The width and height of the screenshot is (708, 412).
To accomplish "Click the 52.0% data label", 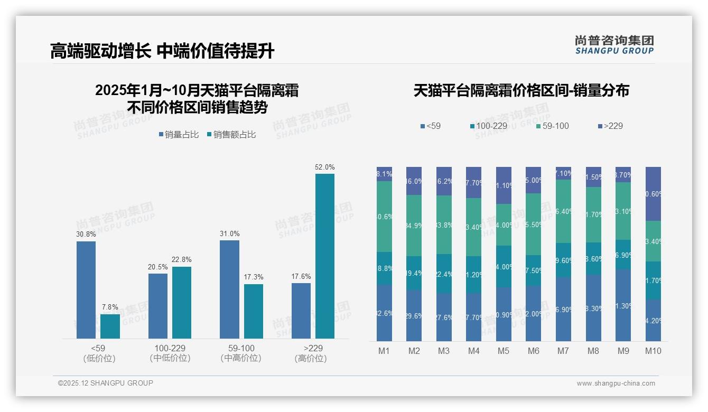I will pos(324,167).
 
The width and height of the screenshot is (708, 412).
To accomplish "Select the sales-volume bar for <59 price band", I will pos(86,289).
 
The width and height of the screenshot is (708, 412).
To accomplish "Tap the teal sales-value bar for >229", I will pos(325,256).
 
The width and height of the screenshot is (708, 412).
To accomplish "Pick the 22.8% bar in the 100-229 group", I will pos(182,302).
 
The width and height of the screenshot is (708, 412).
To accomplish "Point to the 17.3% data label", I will pos(254,277).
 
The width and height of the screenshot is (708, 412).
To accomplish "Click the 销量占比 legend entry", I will pos(179,135).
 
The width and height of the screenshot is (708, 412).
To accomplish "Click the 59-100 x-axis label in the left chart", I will pos(241,349).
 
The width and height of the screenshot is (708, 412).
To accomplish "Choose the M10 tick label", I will pos(653,351).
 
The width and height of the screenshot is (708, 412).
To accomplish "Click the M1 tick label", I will pos(384,351).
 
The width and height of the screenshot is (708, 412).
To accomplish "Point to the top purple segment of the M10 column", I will pos(654,193).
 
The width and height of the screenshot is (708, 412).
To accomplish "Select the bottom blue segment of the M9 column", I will pos(623,305).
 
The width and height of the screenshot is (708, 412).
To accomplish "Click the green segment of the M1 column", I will pos(384,217).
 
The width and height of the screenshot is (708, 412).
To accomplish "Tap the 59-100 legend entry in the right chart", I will pos(552,126).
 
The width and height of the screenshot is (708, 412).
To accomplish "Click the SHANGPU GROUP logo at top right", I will pos(614,45).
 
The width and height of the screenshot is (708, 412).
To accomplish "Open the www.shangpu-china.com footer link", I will pos(616,383).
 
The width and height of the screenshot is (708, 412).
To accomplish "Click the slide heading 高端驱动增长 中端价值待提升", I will pos(162,51).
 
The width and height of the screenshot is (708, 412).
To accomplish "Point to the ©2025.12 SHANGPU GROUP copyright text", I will pos(106,383).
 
